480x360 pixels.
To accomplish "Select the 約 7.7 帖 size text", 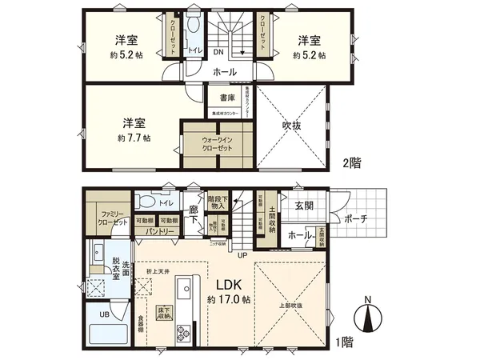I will pyautogui.click(x=134, y=137).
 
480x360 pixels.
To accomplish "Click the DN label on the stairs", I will pyautogui.click(x=218, y=52).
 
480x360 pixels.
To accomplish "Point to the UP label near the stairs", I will pyautogui.click(x=242, y=256).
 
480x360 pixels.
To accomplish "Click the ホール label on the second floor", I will pyautogui.click(x=224, y=72).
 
